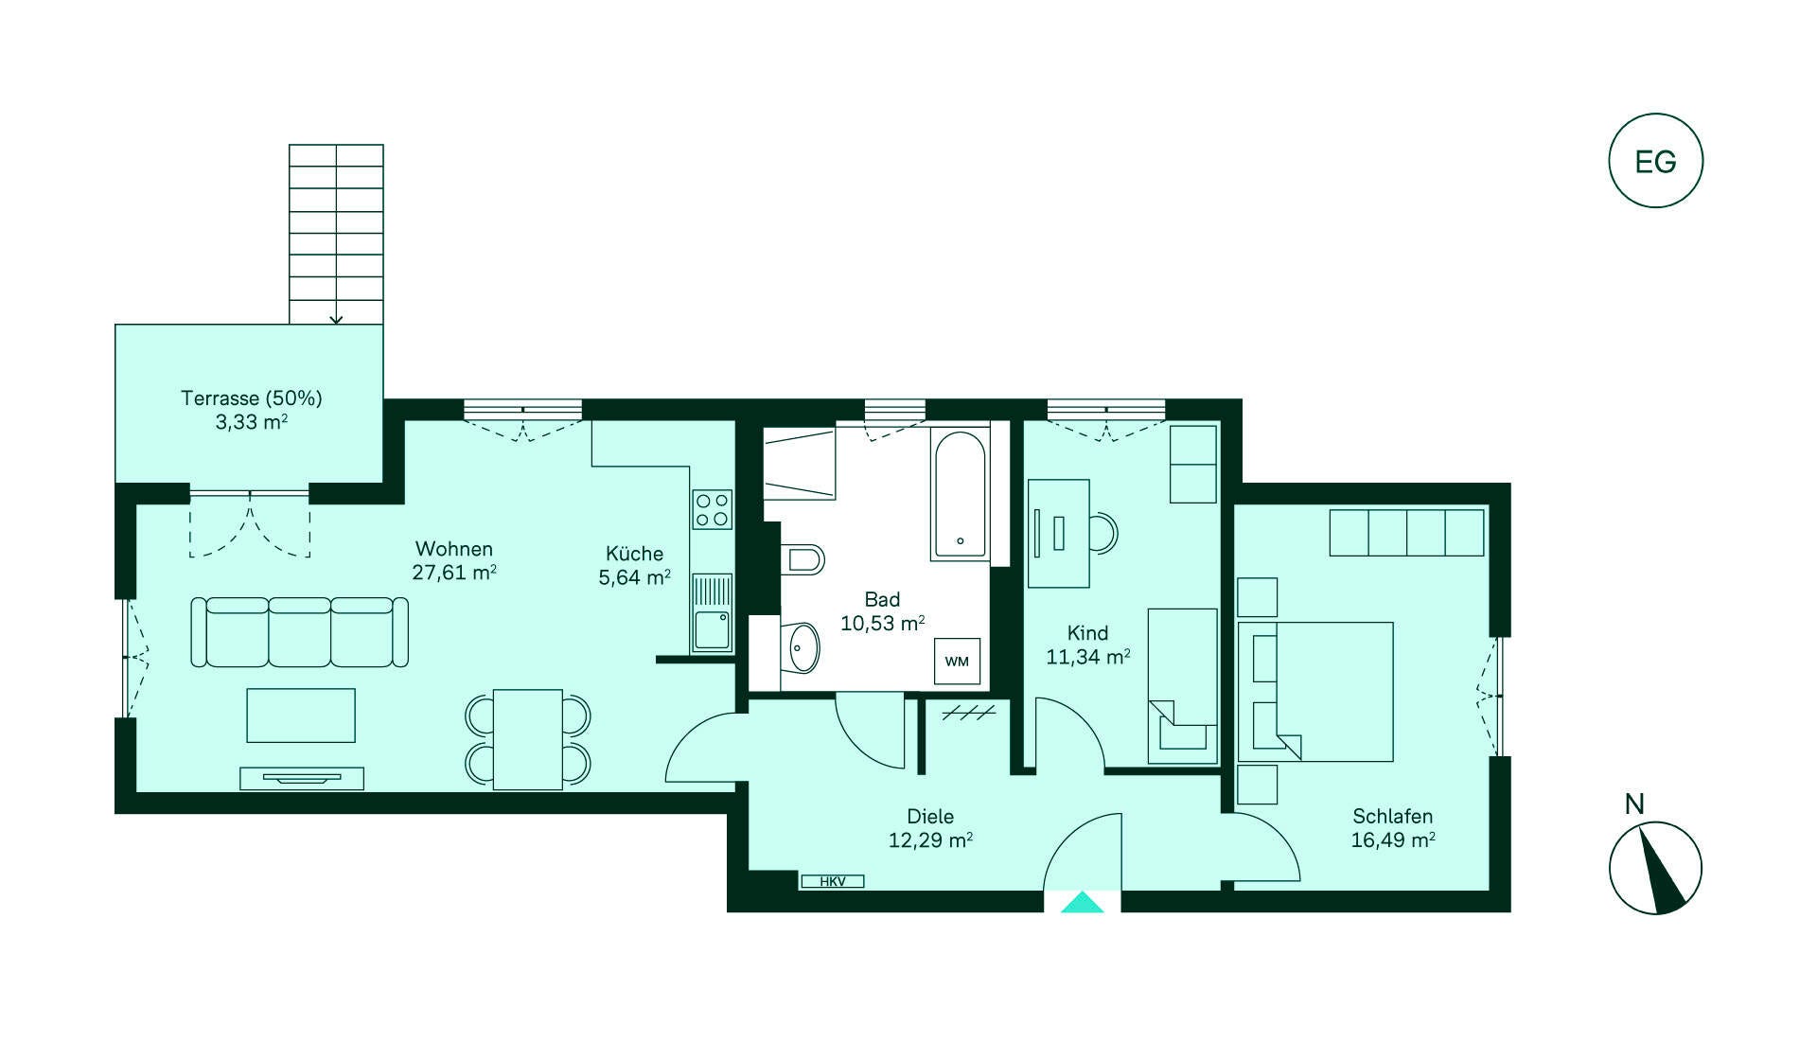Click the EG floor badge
(x=1655, y=161)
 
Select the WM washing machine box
(x=957, y=662)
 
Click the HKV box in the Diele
(x=832, y=881)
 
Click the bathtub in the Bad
(x=960, y=495)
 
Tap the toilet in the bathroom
(x=803, y=559)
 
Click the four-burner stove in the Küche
(x=712, y=509)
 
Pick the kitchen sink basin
(x=712, y=629)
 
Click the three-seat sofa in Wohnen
(x=300, y=632)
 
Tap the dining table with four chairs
(x=528, y=739)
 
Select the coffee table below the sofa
(x=301, y=715)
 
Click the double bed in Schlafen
(x=1315, y=692)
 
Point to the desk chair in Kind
(x=1103, y=532)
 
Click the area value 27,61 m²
(x=454, y=573)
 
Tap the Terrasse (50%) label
(x=252, y=398)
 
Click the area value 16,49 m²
(x=1393, y=839)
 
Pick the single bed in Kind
(x=1183, y=686)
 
